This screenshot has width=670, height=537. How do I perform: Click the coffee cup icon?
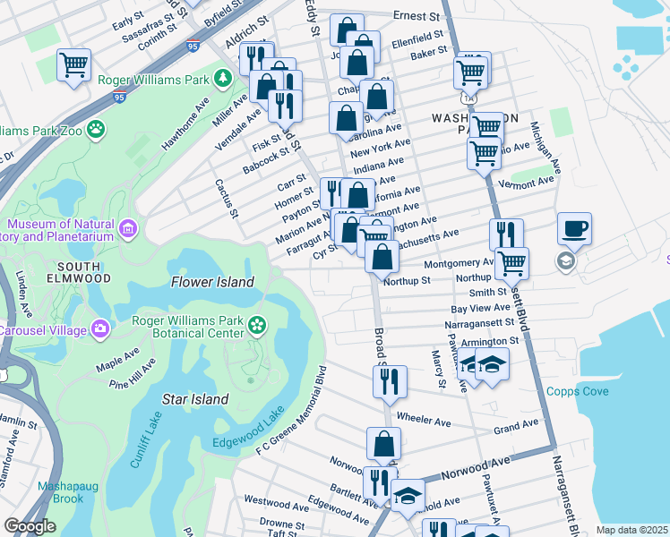574,227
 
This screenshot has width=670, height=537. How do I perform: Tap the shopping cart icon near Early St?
73,64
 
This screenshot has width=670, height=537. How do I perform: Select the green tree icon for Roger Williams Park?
219,79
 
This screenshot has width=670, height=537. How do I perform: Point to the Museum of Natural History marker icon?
128,230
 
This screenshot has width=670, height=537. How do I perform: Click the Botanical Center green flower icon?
258,323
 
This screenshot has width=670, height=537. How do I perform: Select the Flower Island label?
212,282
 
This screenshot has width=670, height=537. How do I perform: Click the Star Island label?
195,399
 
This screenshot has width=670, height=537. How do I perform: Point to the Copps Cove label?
578,391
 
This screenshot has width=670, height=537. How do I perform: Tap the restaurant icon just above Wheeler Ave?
391,381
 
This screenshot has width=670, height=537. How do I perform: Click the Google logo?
30,526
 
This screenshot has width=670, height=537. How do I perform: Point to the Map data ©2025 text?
631,530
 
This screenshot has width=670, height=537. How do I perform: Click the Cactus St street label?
225,198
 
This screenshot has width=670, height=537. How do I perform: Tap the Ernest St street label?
418,15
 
